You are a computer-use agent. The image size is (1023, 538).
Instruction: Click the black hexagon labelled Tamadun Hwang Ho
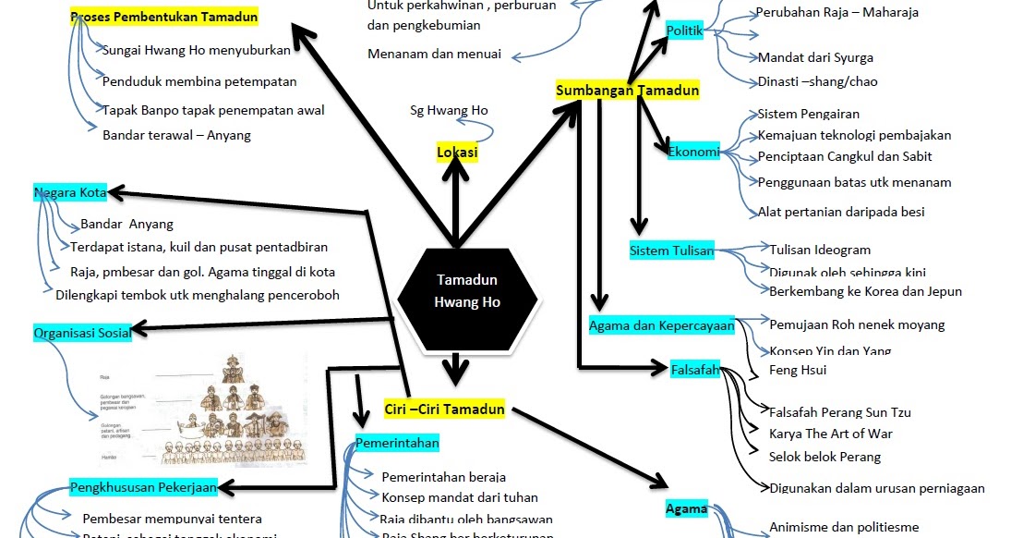467,291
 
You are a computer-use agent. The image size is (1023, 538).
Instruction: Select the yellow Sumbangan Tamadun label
627,91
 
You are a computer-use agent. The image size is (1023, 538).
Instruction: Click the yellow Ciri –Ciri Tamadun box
444,410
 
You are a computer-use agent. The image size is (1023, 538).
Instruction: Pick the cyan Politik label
684,31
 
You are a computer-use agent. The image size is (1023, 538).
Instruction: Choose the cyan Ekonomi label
693,152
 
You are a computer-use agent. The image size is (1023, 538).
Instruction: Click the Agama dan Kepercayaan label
661,325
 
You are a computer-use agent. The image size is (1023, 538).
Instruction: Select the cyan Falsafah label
694,370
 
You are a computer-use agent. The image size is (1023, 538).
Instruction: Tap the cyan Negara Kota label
70,193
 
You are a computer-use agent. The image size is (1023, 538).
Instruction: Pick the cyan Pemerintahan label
397,444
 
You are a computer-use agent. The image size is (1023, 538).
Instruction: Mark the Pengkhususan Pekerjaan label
143,487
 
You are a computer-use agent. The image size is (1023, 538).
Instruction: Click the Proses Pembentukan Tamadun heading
164,17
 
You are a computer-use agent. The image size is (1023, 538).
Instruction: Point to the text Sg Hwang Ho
449,111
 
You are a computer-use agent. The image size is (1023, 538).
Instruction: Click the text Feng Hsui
797,370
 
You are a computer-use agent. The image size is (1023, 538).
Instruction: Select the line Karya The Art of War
830,434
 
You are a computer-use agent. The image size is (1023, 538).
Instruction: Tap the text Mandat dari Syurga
814,57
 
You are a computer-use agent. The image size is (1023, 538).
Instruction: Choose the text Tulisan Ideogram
819,250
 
